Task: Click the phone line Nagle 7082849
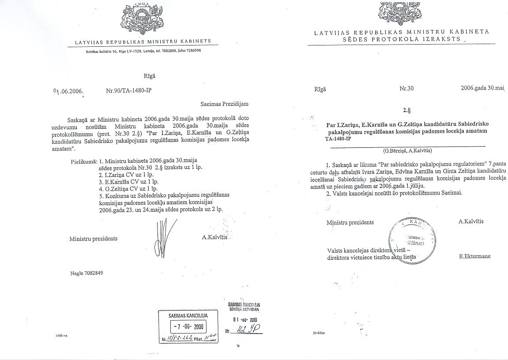tap(87, 273)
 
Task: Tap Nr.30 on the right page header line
tap(406, 88)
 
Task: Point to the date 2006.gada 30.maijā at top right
tap(482, 88)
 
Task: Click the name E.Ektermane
tap(474, 256)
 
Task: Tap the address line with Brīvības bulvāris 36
tap(143, 51)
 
